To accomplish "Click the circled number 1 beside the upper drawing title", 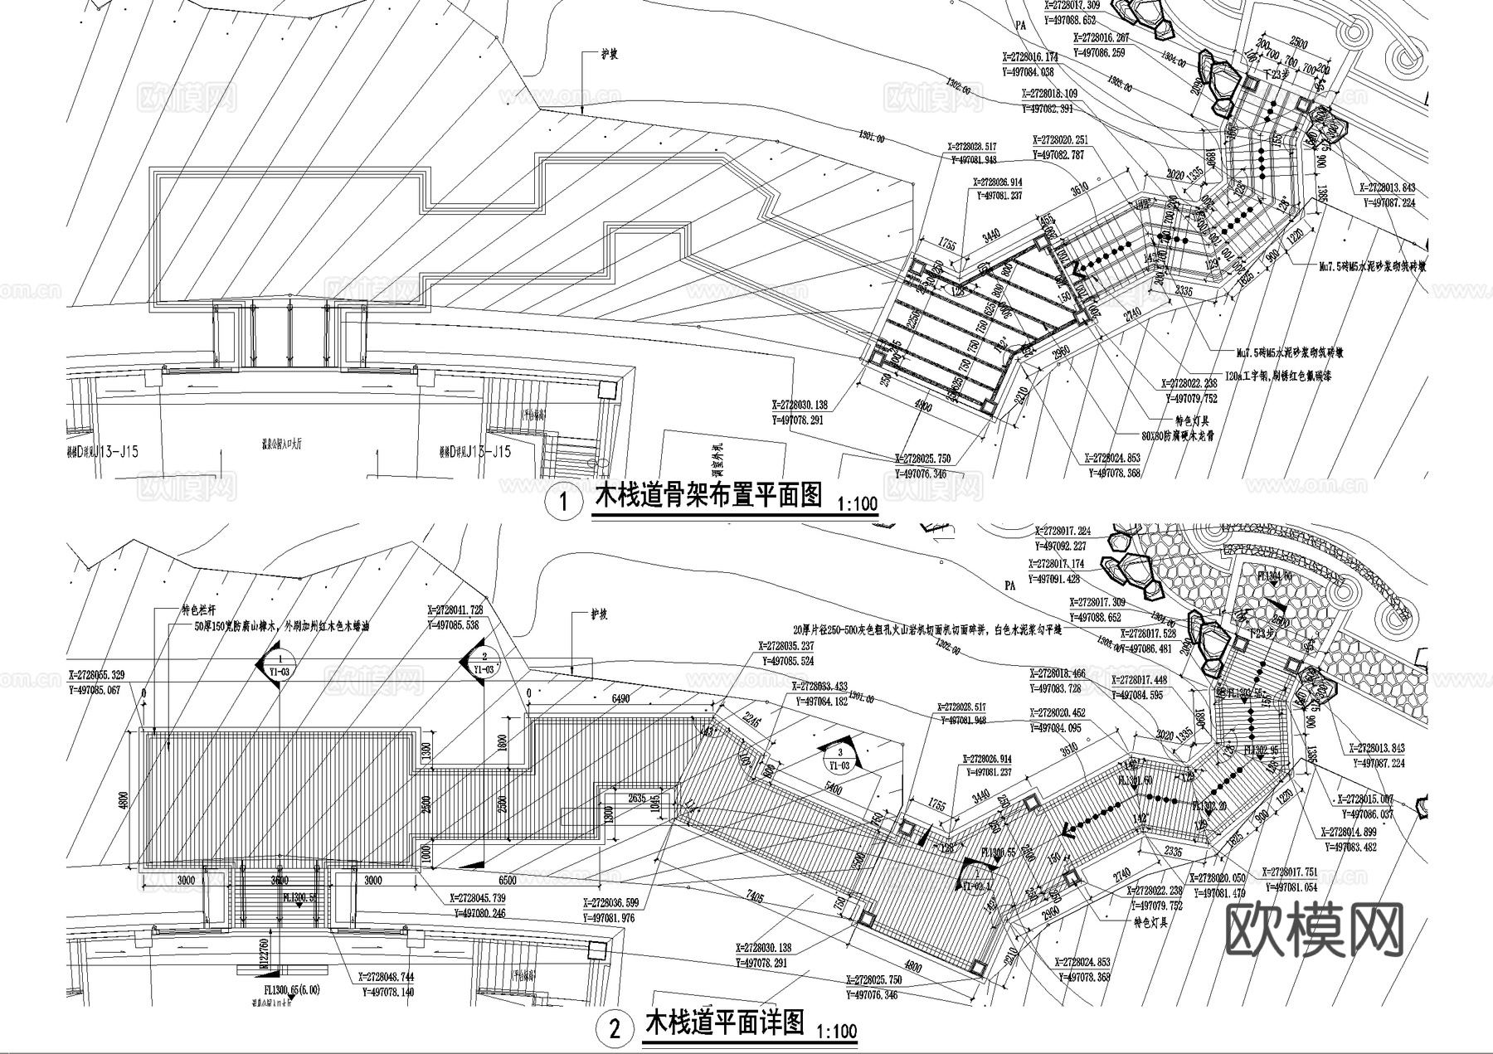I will [565, 503].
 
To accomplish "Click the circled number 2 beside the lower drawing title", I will [615, 1029].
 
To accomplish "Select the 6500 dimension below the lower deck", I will [508, 880].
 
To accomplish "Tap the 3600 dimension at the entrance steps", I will [279, 881].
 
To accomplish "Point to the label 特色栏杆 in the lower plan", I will [199, 611].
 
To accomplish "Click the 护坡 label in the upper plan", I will [610, 56].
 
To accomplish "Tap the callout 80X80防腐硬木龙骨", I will [1176, 435].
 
